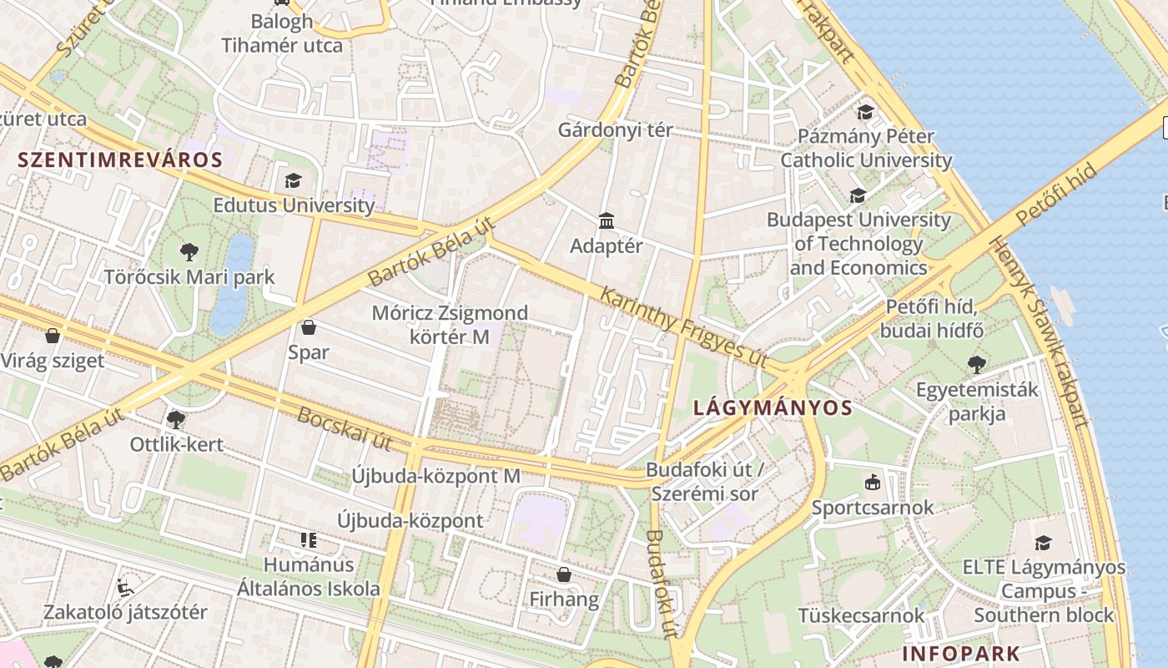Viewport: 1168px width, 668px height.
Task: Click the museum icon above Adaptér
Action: click(607, 221)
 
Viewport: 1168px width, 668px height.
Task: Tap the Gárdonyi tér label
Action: click(615, 130)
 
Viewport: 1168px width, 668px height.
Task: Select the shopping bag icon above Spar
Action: click(308, 327)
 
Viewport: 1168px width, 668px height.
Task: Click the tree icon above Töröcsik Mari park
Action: click(189, 250)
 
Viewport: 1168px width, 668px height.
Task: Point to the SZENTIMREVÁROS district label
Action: click(120, 160)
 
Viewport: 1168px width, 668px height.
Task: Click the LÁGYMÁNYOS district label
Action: click(773, 407)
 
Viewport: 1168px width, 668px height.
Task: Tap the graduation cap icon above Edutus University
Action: click(293, 180)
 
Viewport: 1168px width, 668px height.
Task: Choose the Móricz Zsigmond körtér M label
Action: click(450, 325)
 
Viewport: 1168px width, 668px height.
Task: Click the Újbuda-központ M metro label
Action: click(435, 476)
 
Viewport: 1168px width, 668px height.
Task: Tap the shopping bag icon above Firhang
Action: click(564, 574)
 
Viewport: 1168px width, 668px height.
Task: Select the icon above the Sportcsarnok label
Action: click(872, 482)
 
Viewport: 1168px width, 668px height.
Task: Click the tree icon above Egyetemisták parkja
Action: click(977, 364)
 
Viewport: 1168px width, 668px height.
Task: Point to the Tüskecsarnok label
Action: click(861, 615)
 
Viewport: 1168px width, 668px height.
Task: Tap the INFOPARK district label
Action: click(960, 653)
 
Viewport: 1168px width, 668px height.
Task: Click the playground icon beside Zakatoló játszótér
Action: click(125, 588)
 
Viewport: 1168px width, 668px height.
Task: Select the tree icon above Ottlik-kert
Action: click(175, 419)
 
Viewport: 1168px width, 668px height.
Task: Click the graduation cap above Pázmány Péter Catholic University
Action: click(865, 112)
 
